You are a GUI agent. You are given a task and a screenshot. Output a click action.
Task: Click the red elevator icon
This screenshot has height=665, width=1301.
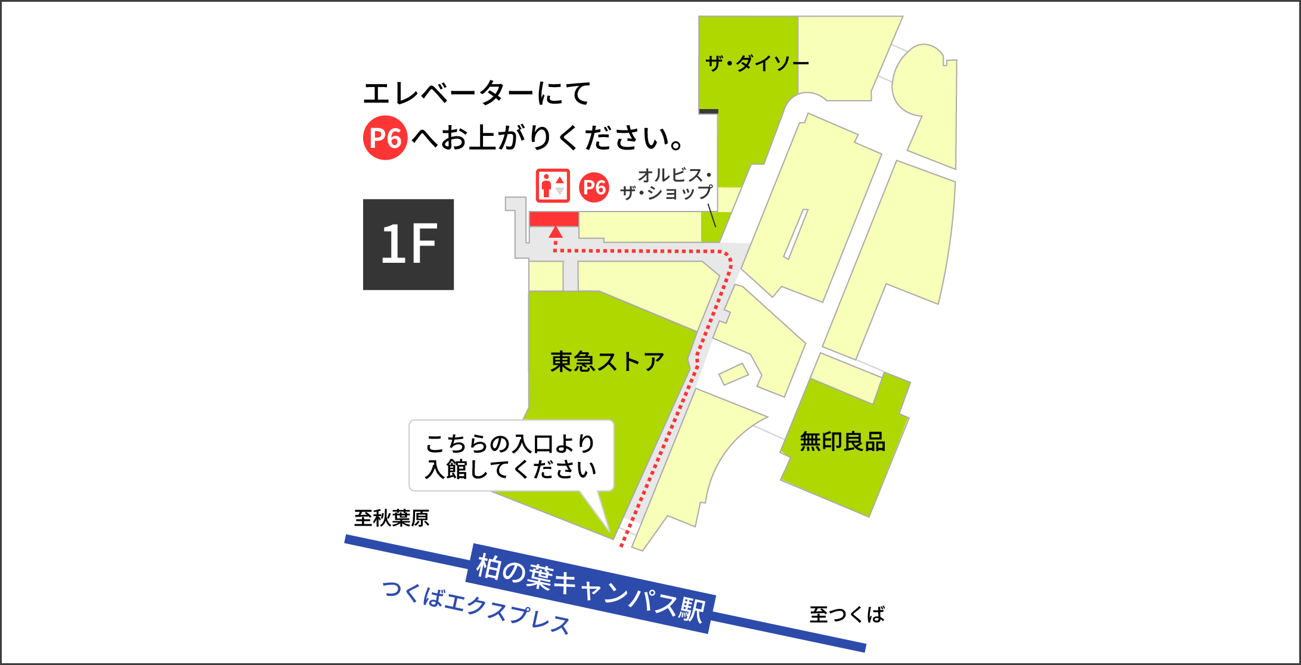pyautogui.click(x=553, y=186)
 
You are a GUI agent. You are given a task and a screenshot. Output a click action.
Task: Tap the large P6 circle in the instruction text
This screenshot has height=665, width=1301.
pyautogui.click(x=385, y=138)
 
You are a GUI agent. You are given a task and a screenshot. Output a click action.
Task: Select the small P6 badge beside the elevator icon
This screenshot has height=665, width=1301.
pyautogui.click(x=594, y=187)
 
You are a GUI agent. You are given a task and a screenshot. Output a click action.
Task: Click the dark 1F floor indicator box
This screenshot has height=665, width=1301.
pyautogui.click(x=408, y=244)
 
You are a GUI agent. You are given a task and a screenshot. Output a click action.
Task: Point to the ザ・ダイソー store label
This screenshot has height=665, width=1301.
pyautogui.click(x=757, y=63)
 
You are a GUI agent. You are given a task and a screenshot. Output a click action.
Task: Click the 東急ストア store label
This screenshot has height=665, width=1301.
pyautogui.click(x=607, y=361)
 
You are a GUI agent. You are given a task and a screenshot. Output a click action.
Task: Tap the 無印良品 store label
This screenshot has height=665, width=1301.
pyautogui.click(x=842, y=442)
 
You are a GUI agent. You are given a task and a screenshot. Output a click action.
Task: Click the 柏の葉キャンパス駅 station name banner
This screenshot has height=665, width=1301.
pyautogui.click(x=590, y=588)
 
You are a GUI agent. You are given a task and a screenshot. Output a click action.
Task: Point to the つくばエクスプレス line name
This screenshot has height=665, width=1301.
pyautogui.click(x=476, y=608)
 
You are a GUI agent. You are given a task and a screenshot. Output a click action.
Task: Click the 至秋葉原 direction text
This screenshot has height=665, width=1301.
pyautogui.click(x=391, y=518)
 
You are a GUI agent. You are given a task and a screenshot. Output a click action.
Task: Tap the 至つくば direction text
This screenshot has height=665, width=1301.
pyautogui.click(x=847, y=614)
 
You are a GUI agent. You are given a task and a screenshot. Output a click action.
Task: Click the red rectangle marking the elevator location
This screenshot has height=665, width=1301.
pyautogui.click(x=554, y=219)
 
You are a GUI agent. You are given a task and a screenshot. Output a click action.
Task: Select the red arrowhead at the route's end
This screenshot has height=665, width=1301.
pyautogui.click(x=556, y=232)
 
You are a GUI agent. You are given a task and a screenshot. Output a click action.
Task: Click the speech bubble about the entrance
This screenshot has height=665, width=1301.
pyautogui.click(x=511, y=456)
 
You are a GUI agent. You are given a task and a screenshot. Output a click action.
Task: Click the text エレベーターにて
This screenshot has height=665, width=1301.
pyautogui.click(x=476, y=94)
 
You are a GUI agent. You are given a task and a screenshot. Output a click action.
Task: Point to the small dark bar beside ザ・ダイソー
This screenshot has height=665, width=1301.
pyautogui.click(x=708, y=111)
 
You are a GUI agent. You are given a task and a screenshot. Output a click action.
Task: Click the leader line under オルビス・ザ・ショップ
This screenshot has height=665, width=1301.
pyautogui.click(x=711, y=215)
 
